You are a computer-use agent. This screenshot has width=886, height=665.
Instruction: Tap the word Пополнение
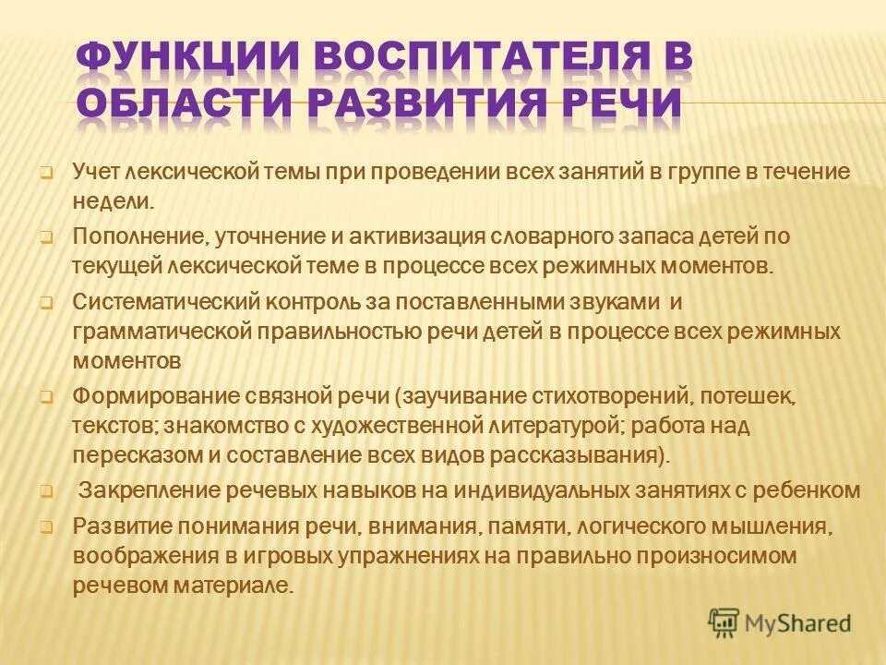[142, 236]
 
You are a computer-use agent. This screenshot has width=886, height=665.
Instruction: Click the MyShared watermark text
[795, 623]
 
